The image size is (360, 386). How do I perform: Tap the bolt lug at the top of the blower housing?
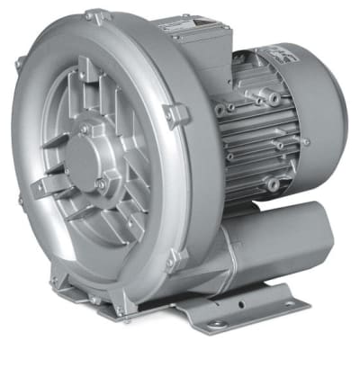click(94, 15)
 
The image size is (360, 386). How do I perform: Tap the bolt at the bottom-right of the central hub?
click(100, 184)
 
